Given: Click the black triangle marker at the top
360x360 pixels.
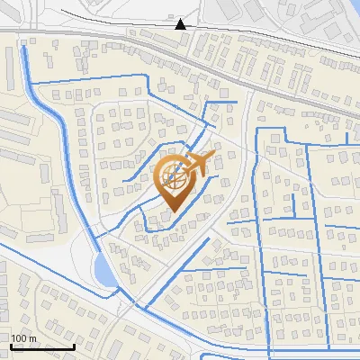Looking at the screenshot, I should click(181, 23).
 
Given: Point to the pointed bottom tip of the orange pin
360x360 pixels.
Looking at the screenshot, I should click(171, 211).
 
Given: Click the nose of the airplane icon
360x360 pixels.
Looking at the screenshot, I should click(214, 156).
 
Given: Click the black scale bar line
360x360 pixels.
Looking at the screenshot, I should click(42, 346).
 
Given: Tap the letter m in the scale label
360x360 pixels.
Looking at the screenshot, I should click(32, 338).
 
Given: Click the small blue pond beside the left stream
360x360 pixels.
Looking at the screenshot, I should click(103, 268).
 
